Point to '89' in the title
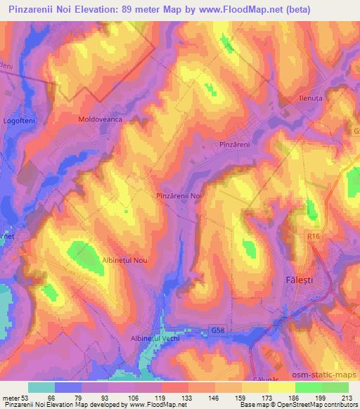(127, 11)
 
